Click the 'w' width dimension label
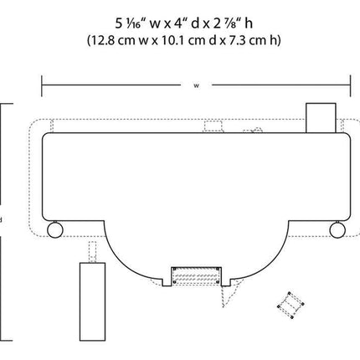(197, 85)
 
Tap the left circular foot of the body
(55, 229)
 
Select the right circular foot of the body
(337, 229)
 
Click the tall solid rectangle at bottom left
(93, 301)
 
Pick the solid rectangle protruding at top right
(321, 118)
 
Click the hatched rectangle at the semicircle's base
(196, 275)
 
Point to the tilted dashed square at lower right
(291, 305)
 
